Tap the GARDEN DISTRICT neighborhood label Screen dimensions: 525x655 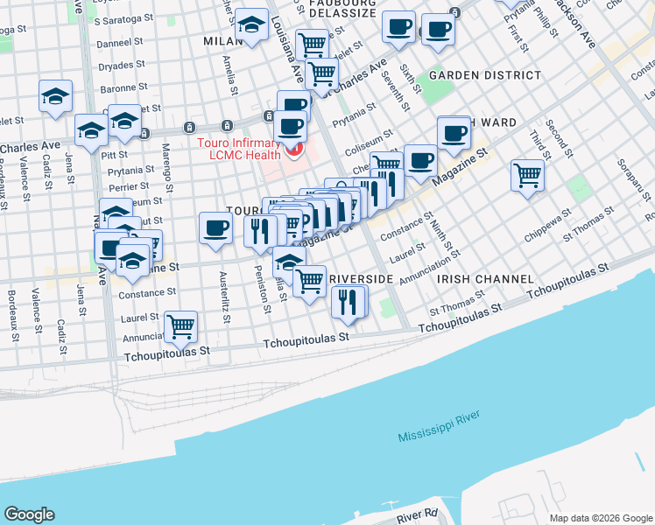pos(478,75)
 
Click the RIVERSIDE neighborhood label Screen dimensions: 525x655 pos(361,278)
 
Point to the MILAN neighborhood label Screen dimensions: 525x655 pos(221,41)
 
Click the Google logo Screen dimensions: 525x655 pos(29,514)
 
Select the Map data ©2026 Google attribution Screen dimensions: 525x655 pos(600,518)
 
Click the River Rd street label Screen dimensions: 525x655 pos(416,515)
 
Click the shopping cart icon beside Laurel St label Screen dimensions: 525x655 pos(180,327)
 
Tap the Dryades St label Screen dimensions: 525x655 pos(122,65)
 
